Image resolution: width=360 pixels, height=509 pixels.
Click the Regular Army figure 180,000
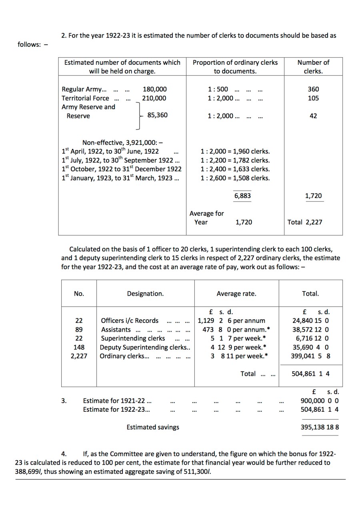(154, 89)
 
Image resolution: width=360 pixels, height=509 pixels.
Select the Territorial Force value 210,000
(154, 98)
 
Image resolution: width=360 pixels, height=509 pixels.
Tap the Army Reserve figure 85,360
(157, 115)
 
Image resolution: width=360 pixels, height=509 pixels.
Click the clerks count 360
(313, 89)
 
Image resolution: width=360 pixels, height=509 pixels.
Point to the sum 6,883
(242, 196)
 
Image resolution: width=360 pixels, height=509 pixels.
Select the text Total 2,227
(304, 222)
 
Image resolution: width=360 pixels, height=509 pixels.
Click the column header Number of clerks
(313, 67)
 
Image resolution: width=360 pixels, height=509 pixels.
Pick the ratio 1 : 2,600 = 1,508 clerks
(235, 178)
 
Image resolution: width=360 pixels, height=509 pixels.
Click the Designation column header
(145, 294)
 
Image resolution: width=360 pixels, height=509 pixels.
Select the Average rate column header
(236, 294)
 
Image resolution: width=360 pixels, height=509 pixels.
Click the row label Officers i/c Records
(130, 321)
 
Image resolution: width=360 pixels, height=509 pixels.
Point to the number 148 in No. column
(79, 347)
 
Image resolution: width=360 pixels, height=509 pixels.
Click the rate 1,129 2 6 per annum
(231, 321)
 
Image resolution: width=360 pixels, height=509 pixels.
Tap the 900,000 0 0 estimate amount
(319, 401)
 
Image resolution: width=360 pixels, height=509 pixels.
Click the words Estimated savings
(153, 427)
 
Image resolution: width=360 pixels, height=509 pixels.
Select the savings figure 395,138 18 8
(319, 427)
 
